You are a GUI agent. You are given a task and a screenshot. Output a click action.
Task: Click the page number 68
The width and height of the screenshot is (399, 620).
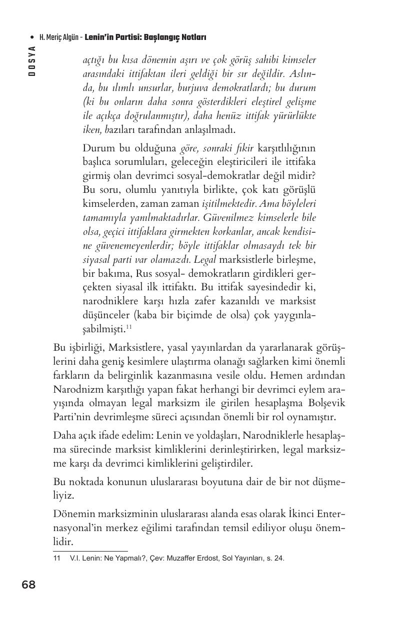coord(29,585)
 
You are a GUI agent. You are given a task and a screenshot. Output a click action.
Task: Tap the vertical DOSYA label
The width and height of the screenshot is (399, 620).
coord(31,60)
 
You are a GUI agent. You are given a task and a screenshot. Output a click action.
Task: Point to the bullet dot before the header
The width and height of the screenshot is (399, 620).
coord(32,37)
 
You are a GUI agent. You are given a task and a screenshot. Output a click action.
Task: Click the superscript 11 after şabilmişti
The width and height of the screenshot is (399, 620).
coord(128,326)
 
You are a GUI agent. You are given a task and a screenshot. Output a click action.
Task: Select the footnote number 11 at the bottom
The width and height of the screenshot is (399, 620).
coord(56,559)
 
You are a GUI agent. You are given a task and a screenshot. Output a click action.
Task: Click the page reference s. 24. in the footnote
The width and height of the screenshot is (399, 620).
coord(274,559)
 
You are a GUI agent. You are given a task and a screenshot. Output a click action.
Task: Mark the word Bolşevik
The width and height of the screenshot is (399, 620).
coord(327,403)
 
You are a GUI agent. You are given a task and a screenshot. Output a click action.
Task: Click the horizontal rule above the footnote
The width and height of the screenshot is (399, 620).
coord(90,551)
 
